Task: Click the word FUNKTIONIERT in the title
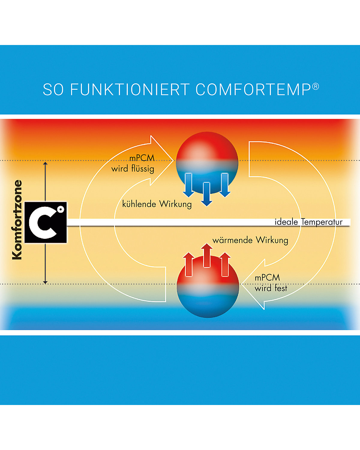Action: pos(130,89)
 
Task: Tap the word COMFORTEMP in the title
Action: pos(253,89)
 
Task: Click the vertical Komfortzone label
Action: pos(17,220)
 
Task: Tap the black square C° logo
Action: pos(46,222)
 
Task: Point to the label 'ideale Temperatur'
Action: pos(308,222)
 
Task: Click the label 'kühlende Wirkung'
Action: pos(157,204)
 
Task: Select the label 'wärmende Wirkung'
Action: pos(250,240)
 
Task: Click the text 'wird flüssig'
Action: pos(133,169)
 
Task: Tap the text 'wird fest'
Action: pos(271,288)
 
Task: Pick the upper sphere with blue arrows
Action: pos(207,163)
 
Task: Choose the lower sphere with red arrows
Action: pos(208,287)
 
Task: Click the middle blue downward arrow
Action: pos(207,194)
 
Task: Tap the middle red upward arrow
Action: pos(207,255)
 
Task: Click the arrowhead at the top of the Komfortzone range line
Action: pos(45,163)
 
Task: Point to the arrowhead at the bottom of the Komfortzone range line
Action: pos(45,283)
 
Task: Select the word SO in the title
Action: pos(53,89)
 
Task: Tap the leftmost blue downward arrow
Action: pos(188,185)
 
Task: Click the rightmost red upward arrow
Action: pos(225,264)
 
